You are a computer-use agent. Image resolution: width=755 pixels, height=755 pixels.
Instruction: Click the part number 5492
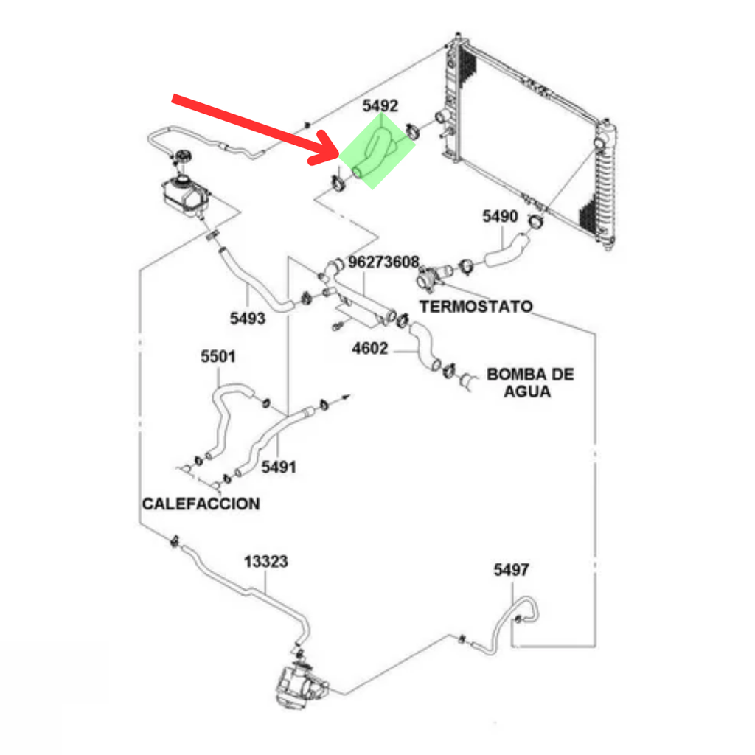coord(380,107)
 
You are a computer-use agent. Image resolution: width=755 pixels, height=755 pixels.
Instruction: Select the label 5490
coord(501,217)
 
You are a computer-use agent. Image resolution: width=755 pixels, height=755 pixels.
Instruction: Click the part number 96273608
coord(383,262)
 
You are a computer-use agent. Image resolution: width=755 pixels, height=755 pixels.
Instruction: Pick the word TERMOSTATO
coord(476,306)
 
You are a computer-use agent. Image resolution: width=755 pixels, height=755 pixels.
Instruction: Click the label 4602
coord(369,348)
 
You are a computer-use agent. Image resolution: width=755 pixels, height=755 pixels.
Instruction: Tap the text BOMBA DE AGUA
coord(529,383)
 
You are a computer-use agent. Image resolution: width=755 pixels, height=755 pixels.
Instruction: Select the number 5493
coord(248,318)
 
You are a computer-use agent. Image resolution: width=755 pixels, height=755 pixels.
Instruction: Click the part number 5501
coord(218,357)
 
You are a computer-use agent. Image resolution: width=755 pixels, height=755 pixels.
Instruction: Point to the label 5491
coord(278,467)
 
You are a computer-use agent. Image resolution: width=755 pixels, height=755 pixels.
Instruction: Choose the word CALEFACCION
coord(201,504)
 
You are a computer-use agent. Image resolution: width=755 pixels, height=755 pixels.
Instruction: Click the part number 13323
coord(265,563)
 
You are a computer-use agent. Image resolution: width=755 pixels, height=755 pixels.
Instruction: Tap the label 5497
coord(511,569)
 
